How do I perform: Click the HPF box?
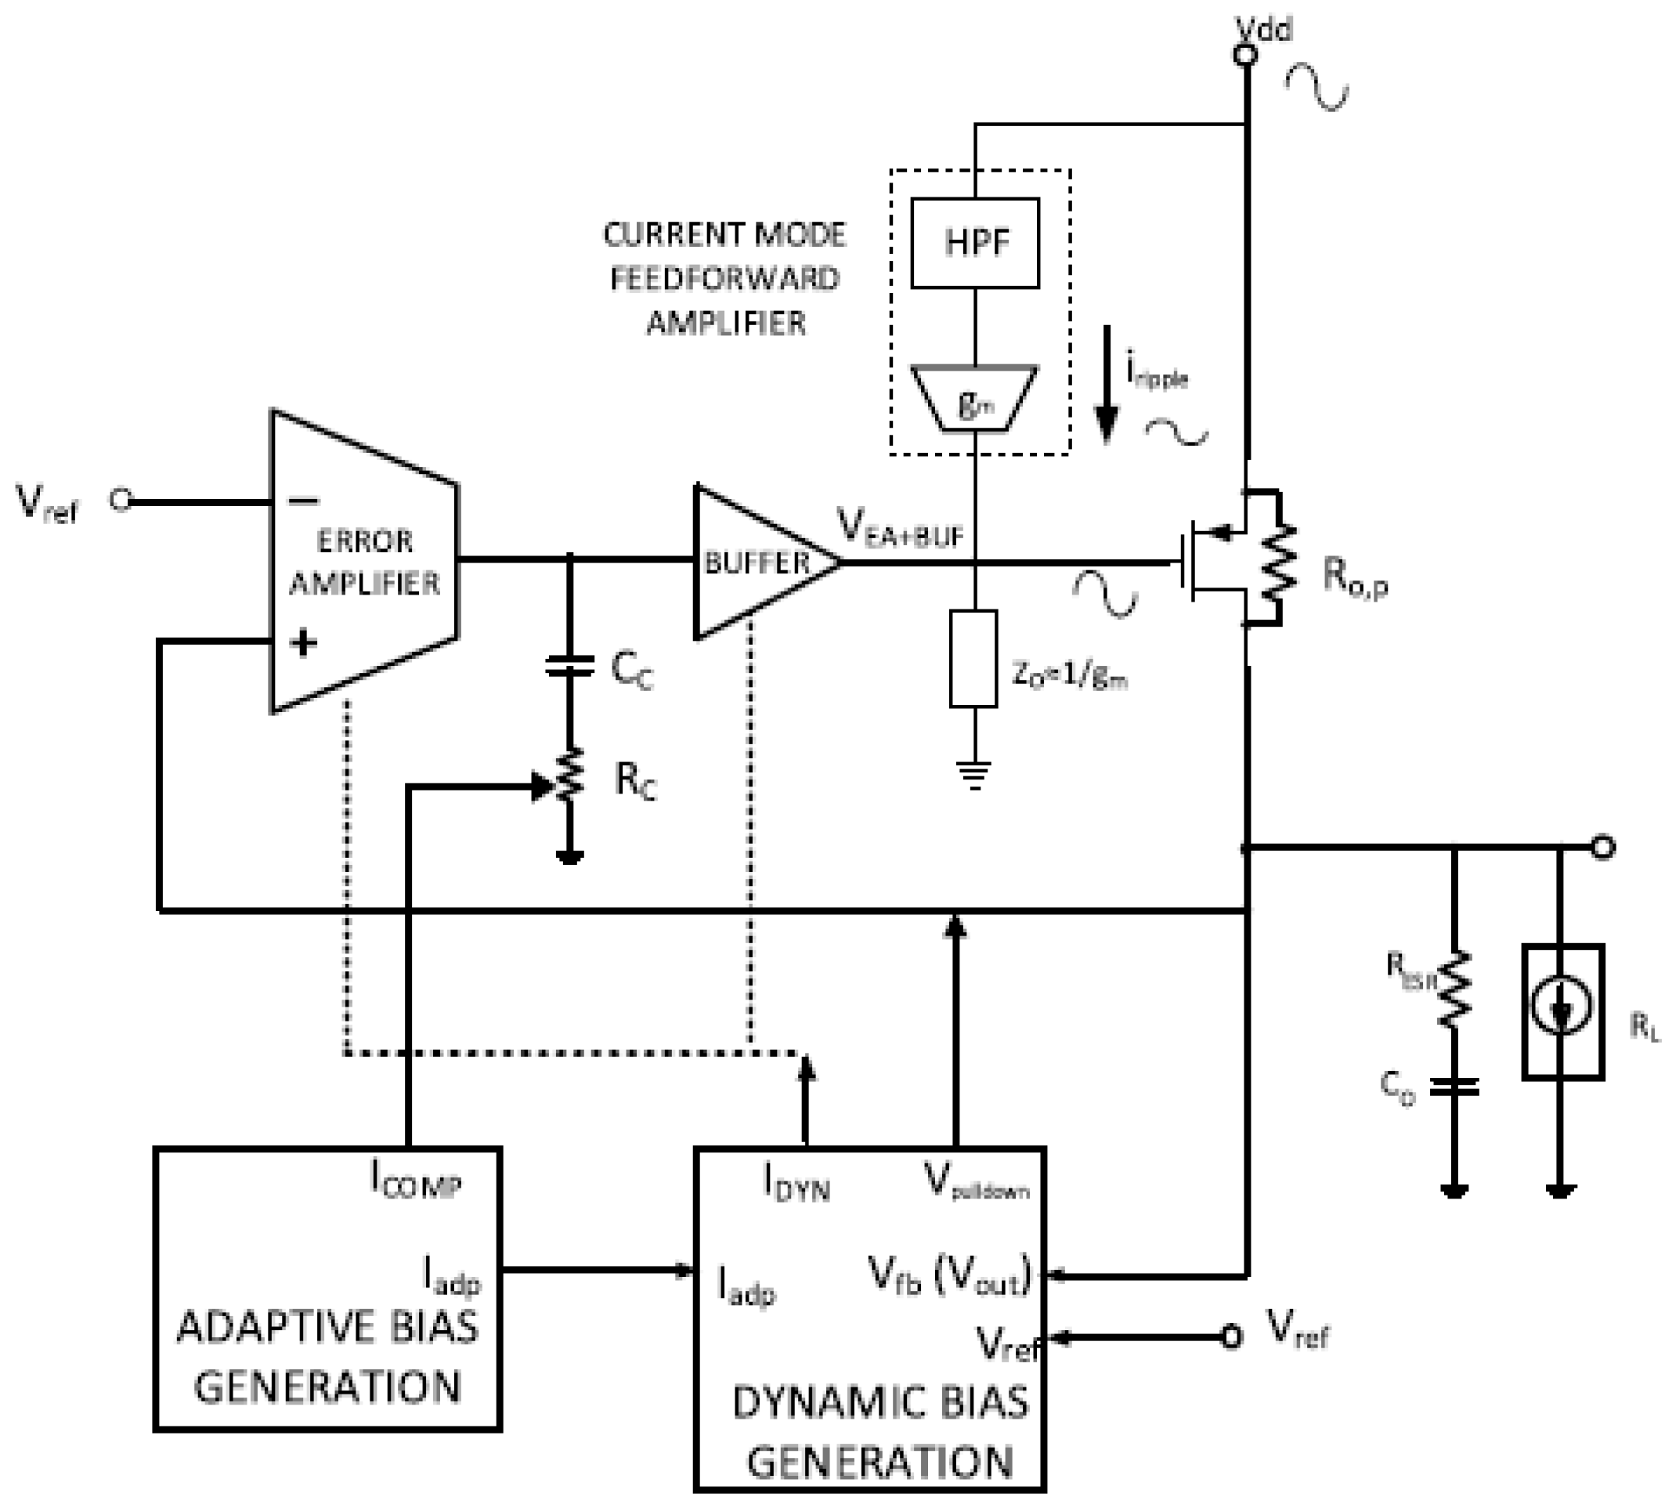(x=974, y=243)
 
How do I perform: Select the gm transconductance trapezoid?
(x=974, y=399)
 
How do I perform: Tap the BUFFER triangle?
(x=758, y=562)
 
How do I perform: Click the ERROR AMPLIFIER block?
(x=363, y=562)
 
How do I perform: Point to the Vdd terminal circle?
(x=1244, y=56)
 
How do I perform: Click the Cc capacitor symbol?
(x=570, y=666)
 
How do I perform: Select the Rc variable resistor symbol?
(x=570, y=775)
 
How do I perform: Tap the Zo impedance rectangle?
(x=973, y=660)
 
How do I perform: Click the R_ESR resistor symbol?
(x=1454, y=990)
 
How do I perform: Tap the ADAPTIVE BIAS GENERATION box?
(x=327, y=1288)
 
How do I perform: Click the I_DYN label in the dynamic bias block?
(x=796, y=1183)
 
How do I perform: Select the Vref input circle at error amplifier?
(x=121, y=500)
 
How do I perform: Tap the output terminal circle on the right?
(x=1602, y=847)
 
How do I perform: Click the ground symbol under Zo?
(x=974, y=775)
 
